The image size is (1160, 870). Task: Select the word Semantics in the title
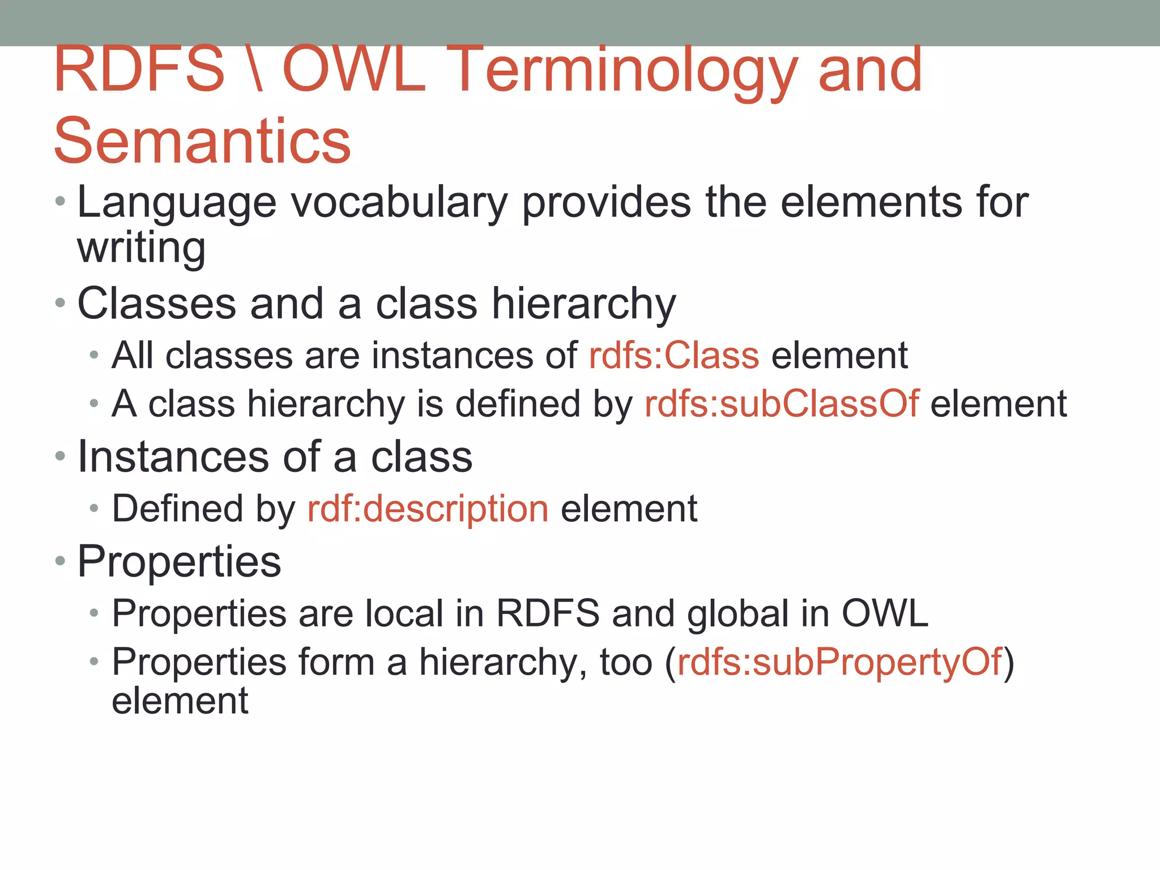click(x=202, y=140)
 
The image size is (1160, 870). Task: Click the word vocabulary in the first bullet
click(x=399, y=203)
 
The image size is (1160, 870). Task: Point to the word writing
click(x=141, y=248)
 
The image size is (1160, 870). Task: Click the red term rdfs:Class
click(x=673, y=356)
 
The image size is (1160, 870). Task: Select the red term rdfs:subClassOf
click(x=782, y=404)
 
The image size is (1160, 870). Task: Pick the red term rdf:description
click(x=428, y=509)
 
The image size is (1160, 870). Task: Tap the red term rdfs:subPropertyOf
click(x=839, y=662)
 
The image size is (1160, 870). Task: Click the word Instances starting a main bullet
click(x=173, y=457)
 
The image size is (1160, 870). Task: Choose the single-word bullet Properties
click(x=179, y=562)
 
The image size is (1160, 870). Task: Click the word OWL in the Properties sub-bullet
click(x=885, y=613)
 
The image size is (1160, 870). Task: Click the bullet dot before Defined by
click(x=94, y=509)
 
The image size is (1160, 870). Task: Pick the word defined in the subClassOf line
click(x=518, y=404)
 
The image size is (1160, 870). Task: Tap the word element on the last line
click(x=180, y=701)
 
